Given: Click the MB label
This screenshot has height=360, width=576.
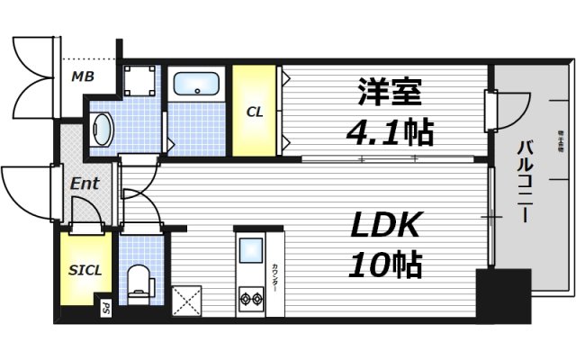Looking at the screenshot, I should [82, 77].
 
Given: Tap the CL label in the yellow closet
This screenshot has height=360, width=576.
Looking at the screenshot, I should [255, 112].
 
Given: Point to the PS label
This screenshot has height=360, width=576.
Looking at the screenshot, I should [105, 309].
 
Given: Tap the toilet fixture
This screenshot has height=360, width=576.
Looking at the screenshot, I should [139, 280].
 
